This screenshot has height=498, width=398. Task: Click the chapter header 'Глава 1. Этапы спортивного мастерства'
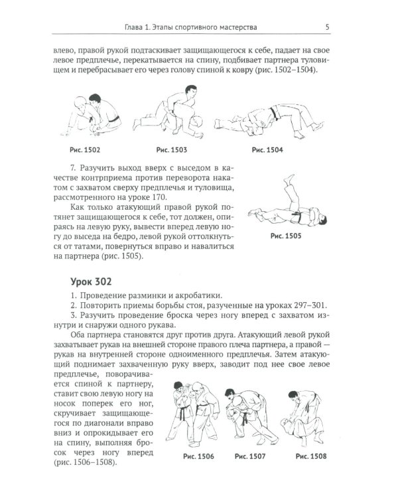point(191,27)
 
